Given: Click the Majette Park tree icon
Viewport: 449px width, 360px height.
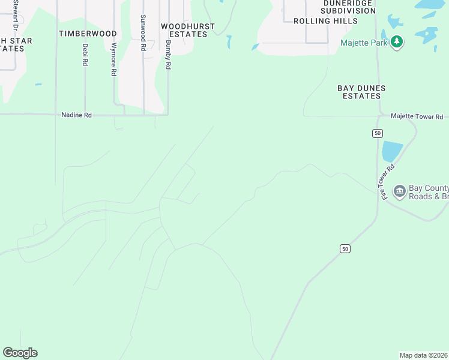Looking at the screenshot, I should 396,42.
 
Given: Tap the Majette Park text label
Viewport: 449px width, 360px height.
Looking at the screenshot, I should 364,43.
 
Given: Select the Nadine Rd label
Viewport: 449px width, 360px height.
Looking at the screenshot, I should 76,115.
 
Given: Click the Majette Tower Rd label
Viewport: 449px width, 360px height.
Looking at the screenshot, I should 416,116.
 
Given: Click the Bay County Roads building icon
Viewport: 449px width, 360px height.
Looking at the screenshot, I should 399,191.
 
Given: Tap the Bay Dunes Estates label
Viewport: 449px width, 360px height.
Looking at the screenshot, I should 361,92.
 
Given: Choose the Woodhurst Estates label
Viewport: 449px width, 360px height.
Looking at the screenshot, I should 184,30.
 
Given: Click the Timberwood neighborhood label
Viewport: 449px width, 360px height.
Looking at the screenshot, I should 88,34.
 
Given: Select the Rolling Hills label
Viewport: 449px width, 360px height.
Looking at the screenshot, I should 325,21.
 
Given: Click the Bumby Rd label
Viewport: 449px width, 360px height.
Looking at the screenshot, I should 169,55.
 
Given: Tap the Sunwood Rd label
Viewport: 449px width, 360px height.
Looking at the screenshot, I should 142,32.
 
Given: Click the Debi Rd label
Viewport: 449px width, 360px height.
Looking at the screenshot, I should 85,54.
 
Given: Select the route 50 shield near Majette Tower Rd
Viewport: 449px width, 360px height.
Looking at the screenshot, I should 377,133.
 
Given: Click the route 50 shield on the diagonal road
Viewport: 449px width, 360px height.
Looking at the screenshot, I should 344,248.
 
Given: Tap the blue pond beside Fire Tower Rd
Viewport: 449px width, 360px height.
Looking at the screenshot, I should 391,151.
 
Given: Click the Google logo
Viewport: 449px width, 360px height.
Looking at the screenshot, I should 20,353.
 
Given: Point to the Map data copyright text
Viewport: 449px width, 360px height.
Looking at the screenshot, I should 423,355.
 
